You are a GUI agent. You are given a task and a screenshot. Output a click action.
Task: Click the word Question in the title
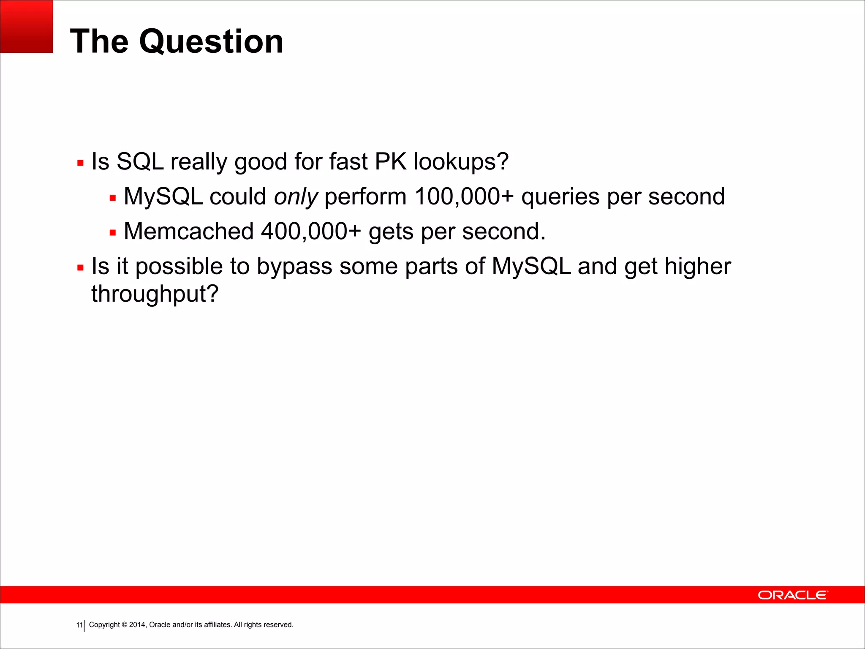click(x=211, y=42)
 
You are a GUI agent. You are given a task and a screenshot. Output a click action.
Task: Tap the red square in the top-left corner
click(x=26, y=26)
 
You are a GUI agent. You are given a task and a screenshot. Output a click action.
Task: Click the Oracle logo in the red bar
click(x=793, y=595)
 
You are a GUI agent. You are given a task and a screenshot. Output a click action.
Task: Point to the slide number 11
click(x=79, y=625)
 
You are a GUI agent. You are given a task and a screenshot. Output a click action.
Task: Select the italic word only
click(x=296, y=197)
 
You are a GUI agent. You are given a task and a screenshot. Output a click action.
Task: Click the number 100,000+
click(x=464, y=197)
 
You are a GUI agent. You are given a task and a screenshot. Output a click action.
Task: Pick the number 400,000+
click(x=311, y=232)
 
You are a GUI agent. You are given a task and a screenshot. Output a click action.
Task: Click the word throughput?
click(x=155, y=294)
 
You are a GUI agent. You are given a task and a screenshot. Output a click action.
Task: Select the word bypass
click(x=294, y=267)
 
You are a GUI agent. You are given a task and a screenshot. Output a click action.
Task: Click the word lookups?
click(x=461, y=162)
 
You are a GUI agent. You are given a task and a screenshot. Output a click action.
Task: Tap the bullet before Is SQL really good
click(x=80, y=163)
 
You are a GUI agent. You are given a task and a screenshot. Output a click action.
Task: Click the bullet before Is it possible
click(x=80, y=268)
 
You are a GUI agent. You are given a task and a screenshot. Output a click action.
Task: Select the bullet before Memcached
click(x=112, y=233)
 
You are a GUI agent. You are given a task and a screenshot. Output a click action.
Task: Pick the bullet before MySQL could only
click(x=112, y=198)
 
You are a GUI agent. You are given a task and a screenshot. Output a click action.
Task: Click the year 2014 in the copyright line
click(x=137, y=625)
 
